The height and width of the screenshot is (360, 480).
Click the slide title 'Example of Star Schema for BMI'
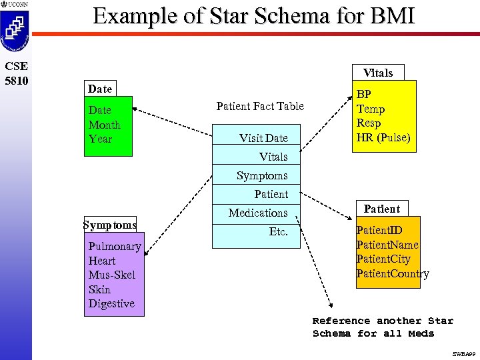click(254, 16)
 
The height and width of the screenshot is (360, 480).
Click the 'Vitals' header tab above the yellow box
click(378, 73)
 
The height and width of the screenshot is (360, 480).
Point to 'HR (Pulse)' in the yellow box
click(383, 138)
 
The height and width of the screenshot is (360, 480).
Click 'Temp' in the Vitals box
click(371, 109)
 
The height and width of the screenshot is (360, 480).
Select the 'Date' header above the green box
click(100, 89)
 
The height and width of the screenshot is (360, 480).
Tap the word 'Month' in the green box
click(104, 125)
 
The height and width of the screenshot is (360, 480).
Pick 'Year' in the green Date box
click(100, 139)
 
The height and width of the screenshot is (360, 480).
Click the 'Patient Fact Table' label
click(260, 106)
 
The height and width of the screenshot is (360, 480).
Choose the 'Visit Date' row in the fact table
click(263, 138)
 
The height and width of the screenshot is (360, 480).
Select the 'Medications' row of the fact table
click(258, 213)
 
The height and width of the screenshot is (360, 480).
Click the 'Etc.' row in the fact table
click(278, 231)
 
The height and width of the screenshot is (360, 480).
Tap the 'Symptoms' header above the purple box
click(110, 225)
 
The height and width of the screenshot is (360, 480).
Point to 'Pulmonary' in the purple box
click(115, 246)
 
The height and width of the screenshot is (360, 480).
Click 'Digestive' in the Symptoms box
click(111, 303)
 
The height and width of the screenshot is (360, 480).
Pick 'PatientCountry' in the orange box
click(393, 273)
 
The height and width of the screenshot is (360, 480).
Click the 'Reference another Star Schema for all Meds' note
click(383, 327)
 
